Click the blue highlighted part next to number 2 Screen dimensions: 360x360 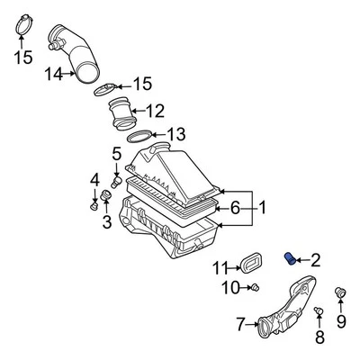click(290, 260)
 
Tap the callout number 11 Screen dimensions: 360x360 click(220, 267)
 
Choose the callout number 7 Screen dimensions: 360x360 click(240, 324)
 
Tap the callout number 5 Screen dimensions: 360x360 click(116, 154)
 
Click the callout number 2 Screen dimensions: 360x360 click(315, 261)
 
